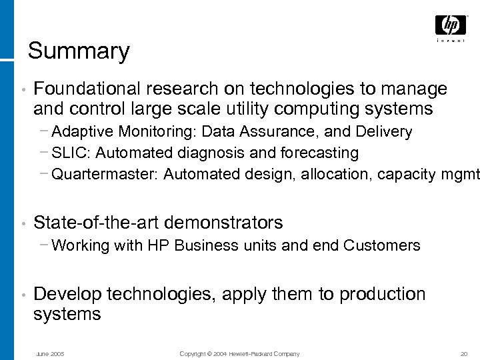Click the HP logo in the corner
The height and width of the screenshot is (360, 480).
(x=451, y=26)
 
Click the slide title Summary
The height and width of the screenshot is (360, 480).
(x=79, y=51)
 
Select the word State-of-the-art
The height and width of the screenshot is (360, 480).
(x=96, y=222)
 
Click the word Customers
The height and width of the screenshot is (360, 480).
(x=382, y=245)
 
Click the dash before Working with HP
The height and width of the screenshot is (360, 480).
(x=44, y=245)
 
